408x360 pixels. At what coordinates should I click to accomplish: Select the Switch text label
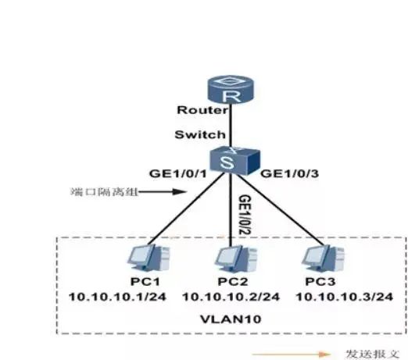click(x=200, y=134)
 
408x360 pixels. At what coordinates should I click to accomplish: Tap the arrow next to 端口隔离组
click(x=161, y=191)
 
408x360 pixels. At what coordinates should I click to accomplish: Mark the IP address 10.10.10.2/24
click(x=231, y=297)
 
